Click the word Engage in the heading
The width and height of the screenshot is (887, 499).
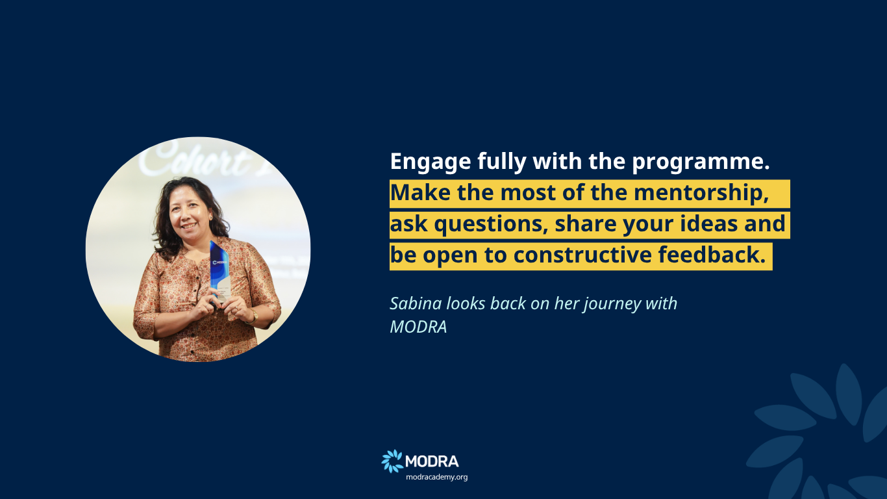click(x=431, y=162)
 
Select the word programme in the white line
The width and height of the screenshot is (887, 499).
click(x=701, y=162)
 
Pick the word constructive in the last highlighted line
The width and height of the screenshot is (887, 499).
click(x=582, y=255)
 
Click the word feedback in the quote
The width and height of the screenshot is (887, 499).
click(x=712, y=254)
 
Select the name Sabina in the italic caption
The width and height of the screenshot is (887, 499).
click(x=416, y=303)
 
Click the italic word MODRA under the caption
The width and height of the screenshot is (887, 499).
click(x=419, y=327)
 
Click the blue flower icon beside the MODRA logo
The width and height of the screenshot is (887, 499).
click(x=392, y=461)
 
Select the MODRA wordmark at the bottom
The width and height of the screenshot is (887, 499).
click(x=432, y=461)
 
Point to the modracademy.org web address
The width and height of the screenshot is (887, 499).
click(x=437, y=477)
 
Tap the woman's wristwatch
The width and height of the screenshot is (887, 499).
click(x=253, y=316)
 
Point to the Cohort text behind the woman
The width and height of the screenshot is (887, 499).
click(x=194, y=161)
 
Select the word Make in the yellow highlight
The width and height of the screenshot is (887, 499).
click(x=421, y=193)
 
